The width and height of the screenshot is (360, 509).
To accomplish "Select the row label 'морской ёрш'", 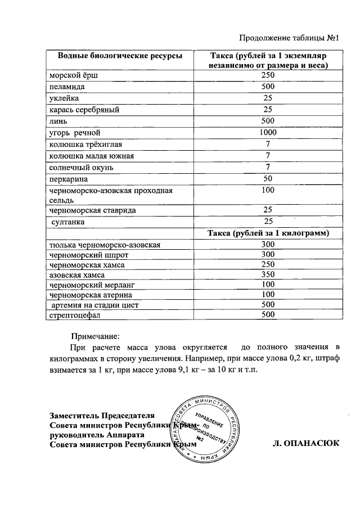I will (70, 75).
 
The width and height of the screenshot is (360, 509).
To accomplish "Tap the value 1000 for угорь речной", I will (268, 133).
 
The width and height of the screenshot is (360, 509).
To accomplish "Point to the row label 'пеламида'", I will (65, 87).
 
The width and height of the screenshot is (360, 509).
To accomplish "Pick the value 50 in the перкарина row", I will (268, 178).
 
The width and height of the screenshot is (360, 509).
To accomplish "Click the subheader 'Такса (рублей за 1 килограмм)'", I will (268, 233).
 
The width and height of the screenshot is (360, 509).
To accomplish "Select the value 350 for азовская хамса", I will (268, 275).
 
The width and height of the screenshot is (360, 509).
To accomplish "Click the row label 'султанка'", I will (69, 222).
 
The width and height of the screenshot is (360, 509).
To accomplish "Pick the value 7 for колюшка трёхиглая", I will (268, 144).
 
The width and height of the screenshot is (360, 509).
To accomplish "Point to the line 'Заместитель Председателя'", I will (101, 416).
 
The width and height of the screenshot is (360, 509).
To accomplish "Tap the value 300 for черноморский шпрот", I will (268, 254).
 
